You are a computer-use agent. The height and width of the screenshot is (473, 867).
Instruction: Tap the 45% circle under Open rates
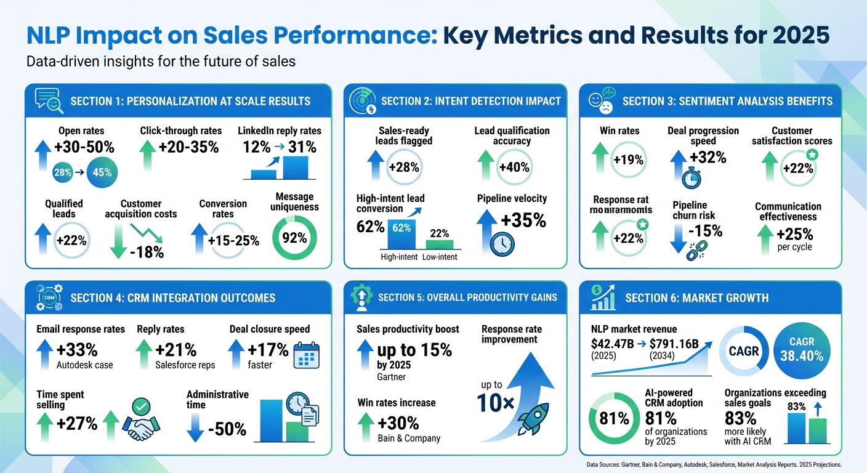pos(102,172)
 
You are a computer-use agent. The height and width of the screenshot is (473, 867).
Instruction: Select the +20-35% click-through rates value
pos(188,147)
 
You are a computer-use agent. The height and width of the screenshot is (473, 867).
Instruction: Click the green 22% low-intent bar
pos(439,244)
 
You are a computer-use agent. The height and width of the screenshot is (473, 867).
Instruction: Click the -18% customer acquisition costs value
pos(146,251)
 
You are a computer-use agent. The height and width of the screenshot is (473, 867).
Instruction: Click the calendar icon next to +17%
pos(306,355)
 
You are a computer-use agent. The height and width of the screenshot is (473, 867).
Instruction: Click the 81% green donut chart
pos(614,419)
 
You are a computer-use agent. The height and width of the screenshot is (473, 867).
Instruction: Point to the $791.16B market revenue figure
pos(674,344)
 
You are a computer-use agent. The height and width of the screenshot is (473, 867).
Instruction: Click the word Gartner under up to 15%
pos(392,377)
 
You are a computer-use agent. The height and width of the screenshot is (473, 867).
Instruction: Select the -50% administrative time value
pos(227,429)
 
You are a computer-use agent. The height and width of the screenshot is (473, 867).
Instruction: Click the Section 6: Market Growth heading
pos(696,298)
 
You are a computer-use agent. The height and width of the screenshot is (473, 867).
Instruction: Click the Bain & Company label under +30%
pos(409,439)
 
